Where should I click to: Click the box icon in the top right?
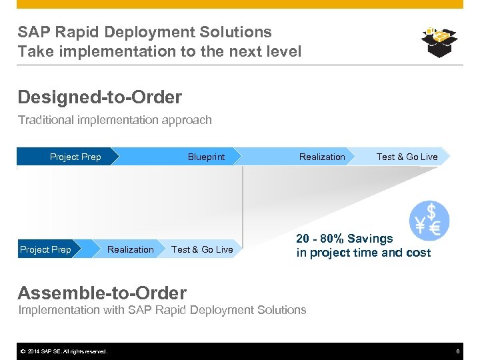439,42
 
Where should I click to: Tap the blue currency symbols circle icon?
429,221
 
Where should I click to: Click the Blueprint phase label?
206,157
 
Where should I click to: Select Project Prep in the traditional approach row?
75,157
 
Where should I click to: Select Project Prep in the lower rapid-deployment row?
45,249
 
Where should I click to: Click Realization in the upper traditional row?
322,157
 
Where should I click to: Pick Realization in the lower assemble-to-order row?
131,249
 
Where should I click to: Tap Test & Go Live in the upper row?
407,157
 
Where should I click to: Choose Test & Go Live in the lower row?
202,249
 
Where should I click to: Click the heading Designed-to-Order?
99,97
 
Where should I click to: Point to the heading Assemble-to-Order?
102,293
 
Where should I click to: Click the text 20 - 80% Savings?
345,239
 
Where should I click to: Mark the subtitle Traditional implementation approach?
115,120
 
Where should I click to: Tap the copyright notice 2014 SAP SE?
63,351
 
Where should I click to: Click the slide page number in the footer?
458,351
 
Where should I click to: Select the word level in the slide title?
283,51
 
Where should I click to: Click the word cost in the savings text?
417,253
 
